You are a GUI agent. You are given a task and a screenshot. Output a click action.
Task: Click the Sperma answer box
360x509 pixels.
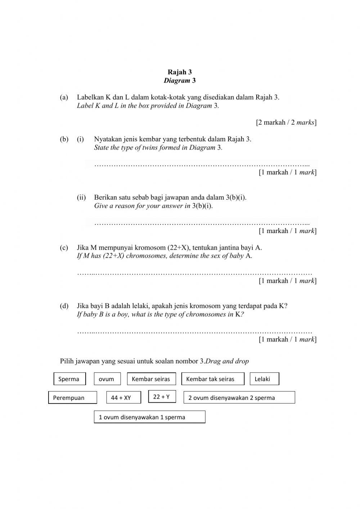[70, 379]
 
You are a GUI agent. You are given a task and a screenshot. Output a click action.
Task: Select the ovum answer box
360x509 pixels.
[106, 379]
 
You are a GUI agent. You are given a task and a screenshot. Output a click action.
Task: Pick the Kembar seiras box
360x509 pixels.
[152, 379]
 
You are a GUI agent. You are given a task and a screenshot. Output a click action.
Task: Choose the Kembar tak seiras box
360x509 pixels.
[213, 379]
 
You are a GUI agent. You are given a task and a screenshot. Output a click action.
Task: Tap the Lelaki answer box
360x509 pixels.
[264, 379]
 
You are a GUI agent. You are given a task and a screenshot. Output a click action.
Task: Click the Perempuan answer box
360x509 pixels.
[73, 398]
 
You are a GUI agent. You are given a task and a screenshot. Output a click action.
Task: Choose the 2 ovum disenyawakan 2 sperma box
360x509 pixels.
[239, 398]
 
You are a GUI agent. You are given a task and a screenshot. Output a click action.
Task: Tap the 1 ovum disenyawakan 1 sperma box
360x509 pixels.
[149, 417]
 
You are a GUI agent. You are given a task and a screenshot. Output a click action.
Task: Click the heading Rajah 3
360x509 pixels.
[180, 72]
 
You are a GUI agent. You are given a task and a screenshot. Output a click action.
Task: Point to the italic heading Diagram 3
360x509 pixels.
[180, 81]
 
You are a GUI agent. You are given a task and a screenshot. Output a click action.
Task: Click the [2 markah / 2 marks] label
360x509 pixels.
[286, 122]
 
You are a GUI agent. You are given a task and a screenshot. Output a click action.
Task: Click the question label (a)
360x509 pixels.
[64, 97]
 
